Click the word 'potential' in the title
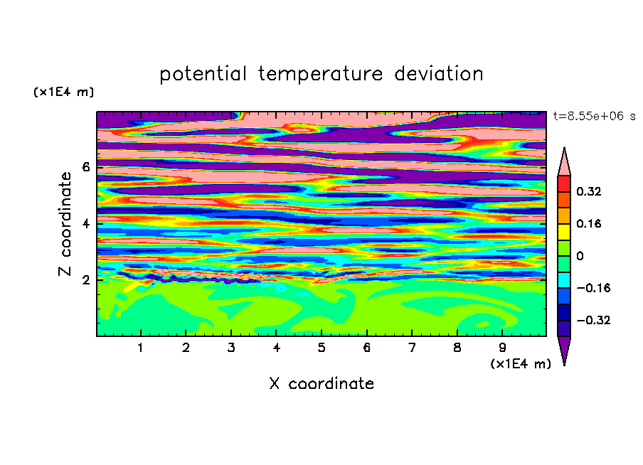tap(203, 75)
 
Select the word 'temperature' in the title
tap(321, 74)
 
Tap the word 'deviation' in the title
tap(439, 74)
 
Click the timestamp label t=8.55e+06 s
tap(594, 117)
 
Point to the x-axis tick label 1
tap(140, 348)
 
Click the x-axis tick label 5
tap(321, 348)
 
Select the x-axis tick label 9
tap(502, 348)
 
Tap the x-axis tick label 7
tap(412, 348)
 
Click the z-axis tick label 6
tap(85, 167)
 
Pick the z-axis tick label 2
tap(85, 280)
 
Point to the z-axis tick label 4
tap(85, 223)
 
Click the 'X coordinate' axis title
tap(321, 383)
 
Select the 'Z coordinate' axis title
tap(65, 224)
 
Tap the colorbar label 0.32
tap(589, 191)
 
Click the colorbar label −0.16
tap(593, 288)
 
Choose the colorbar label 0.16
tap(589, 224)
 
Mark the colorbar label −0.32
tap(593, 320)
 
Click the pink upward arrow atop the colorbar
tap(564, 164)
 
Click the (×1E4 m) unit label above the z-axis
tap(63, 92)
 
